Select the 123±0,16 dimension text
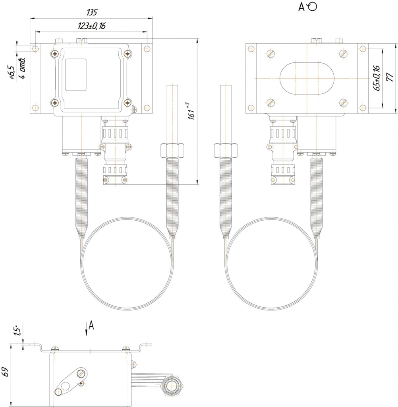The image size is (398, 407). point(92,26)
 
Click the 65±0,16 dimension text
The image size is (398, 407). point(377,78)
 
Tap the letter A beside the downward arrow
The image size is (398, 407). point(91,325)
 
